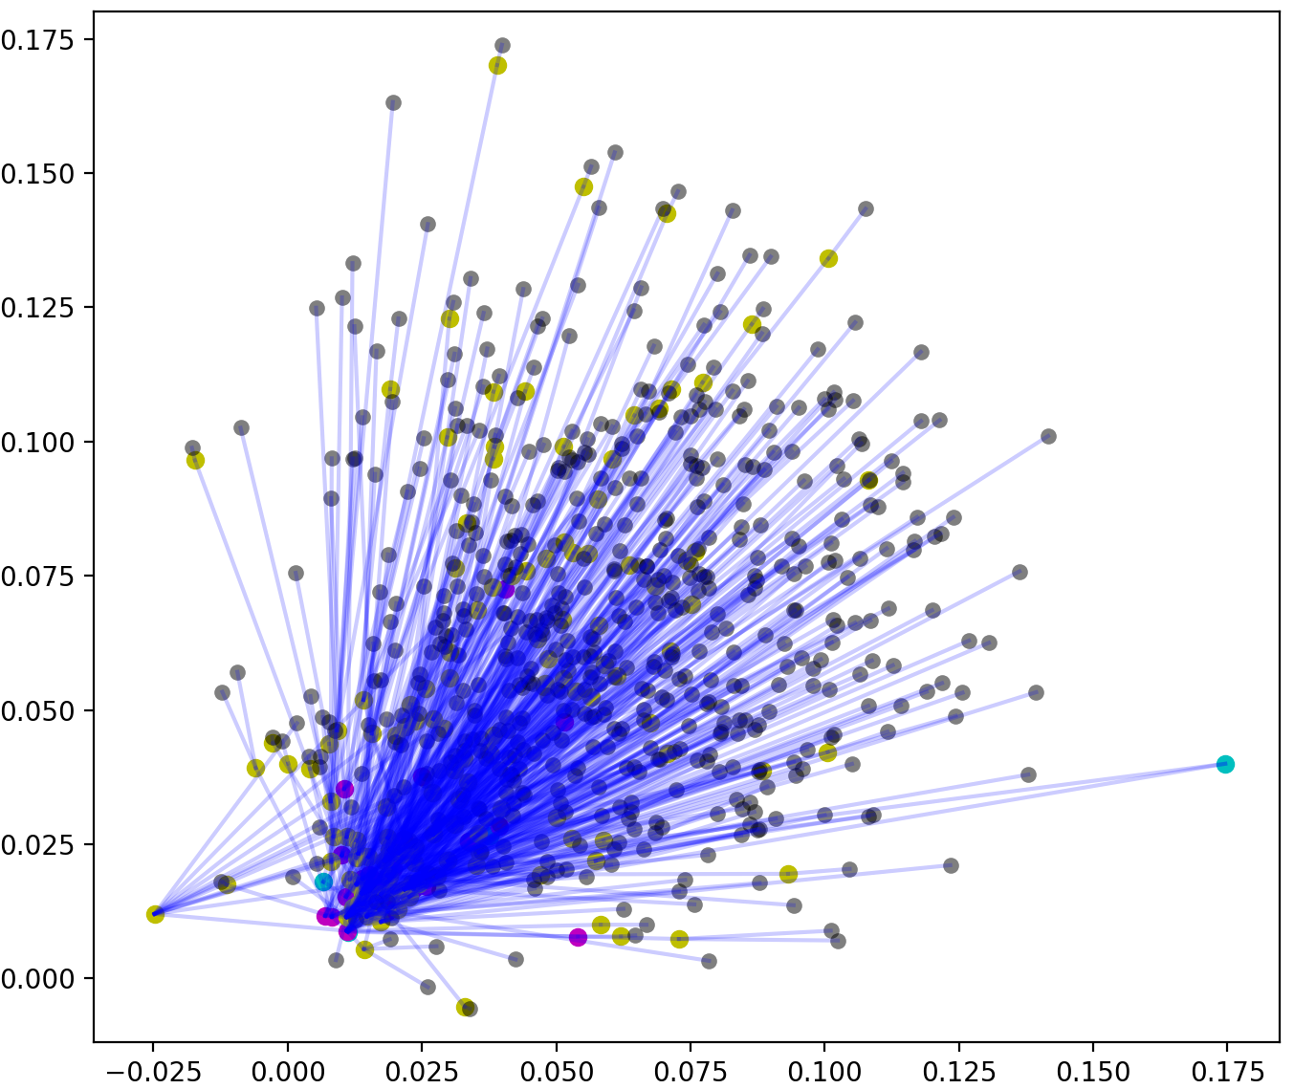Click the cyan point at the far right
(1225, 764)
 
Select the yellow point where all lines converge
(155, 915)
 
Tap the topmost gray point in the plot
(502, 46)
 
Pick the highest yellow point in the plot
(497, 66)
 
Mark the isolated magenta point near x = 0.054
(578, 937)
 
